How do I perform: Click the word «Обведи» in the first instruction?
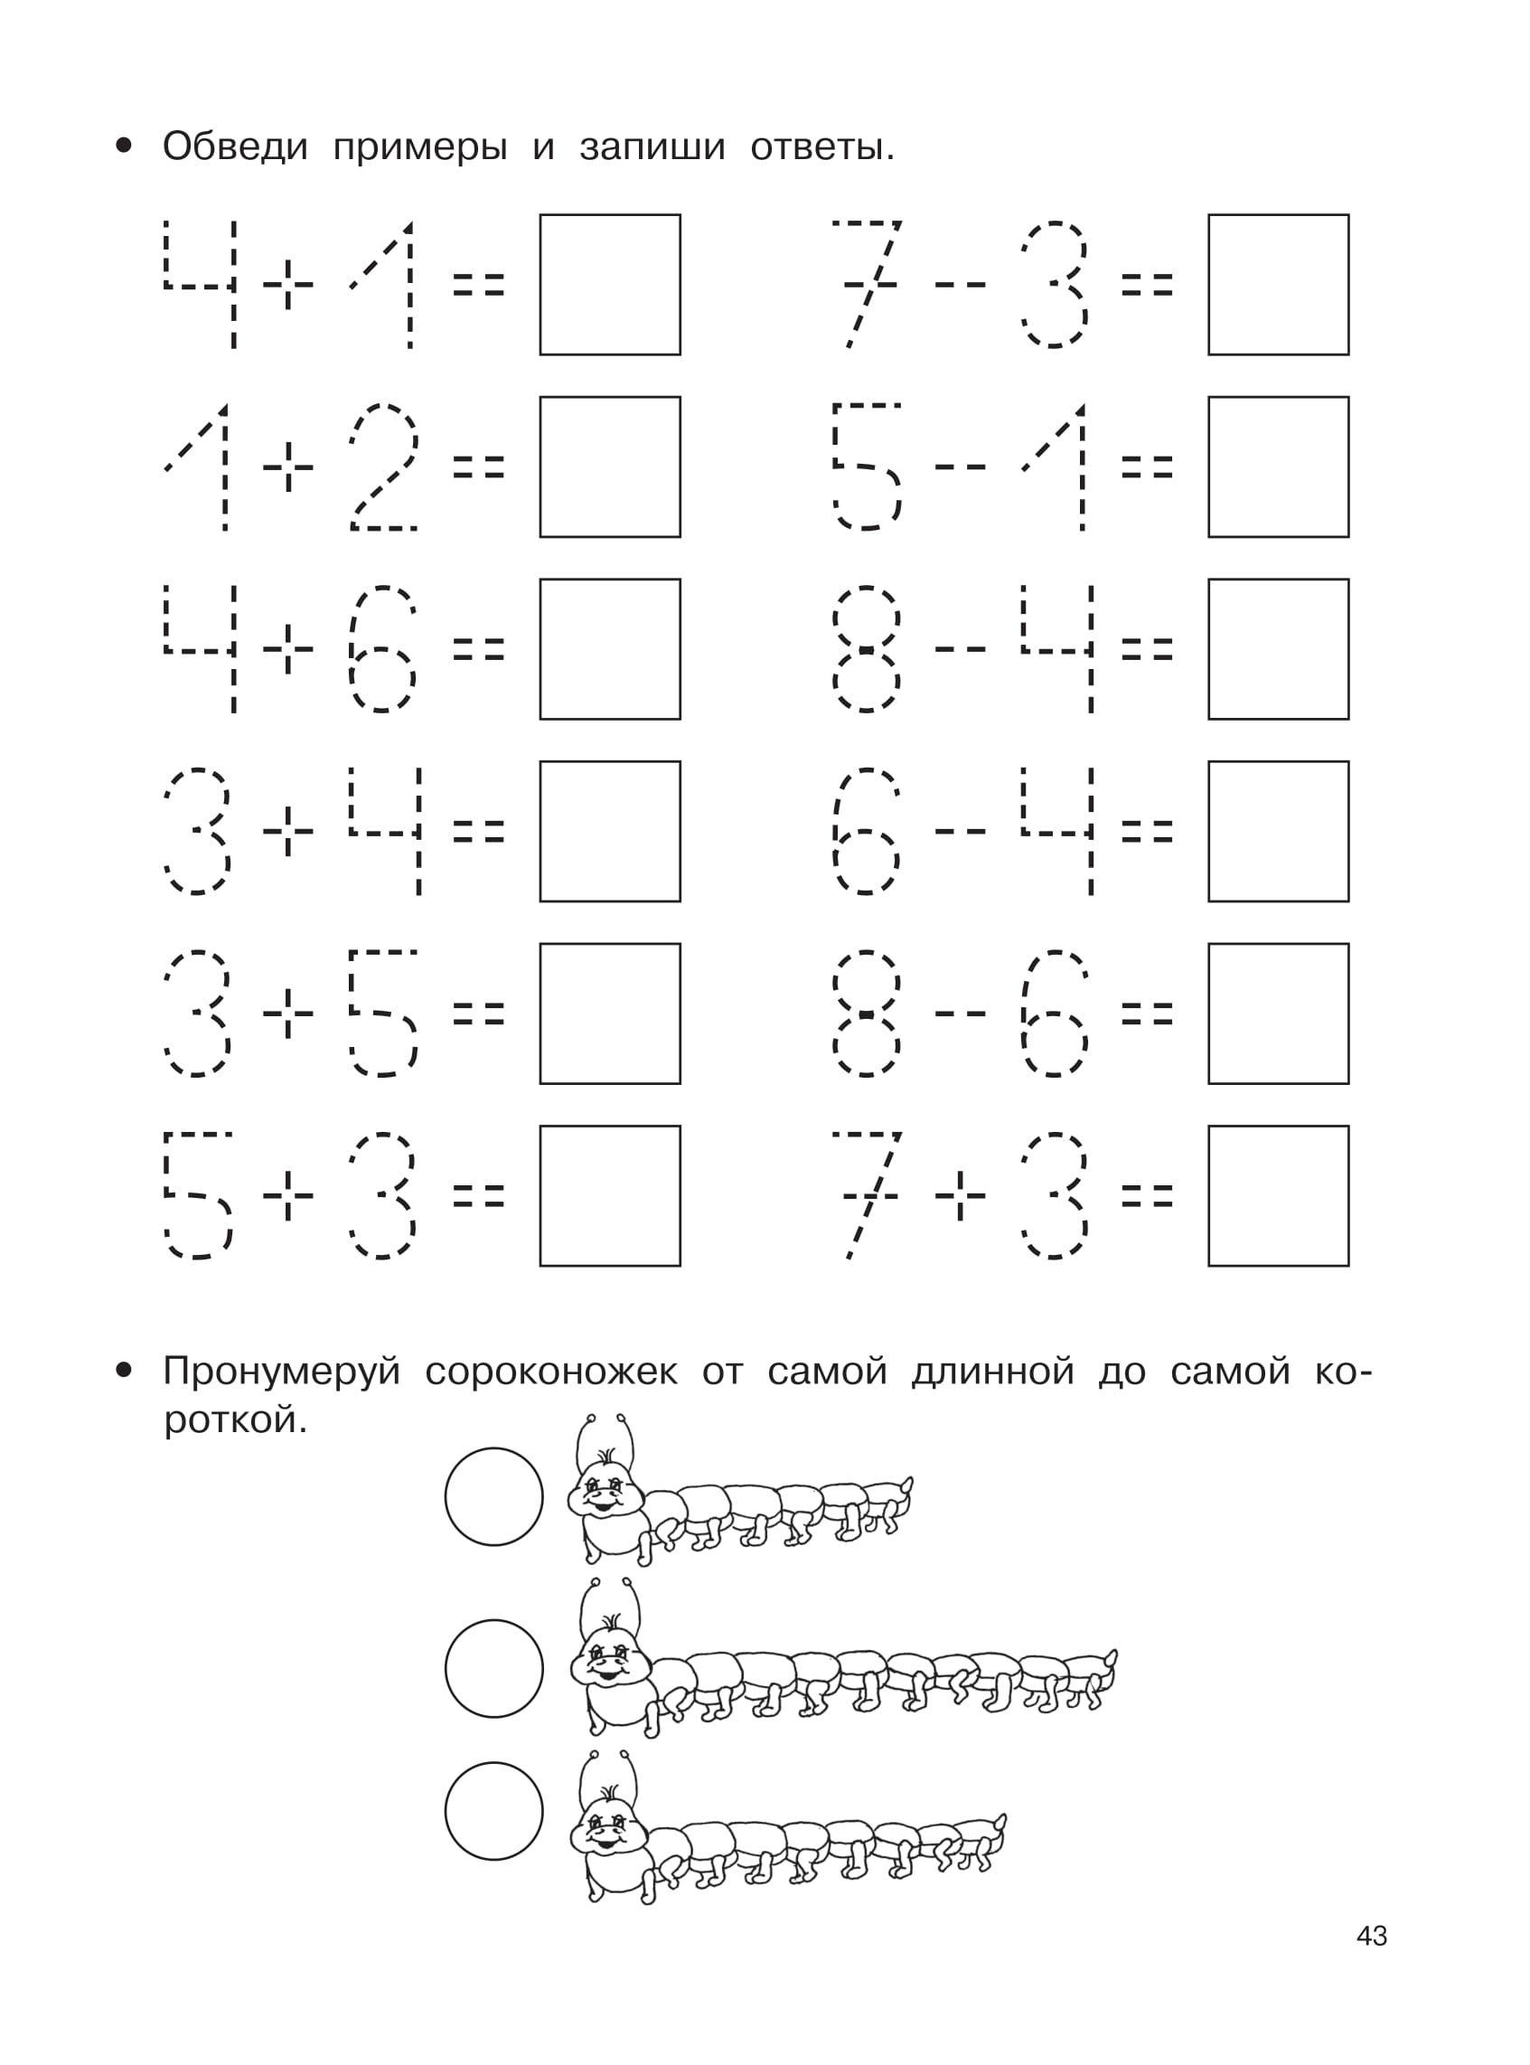pyautogui.click(x=234, y=146)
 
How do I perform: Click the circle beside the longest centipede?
pyautogui.click(x=493, y=1668)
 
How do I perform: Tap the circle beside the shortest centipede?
pyautogui.click(x=493, y=1497)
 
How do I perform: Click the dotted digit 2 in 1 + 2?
pyautogui.click(x=383, y=467)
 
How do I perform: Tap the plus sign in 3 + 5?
pyautogui.click(x=288, y=1014)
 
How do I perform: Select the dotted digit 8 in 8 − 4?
pyautogui.click(x=866, y=648)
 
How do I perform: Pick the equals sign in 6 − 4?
pyautogui.click(x=1147, y=831)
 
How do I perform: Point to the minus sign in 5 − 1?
pyautogui.click(x=961, y=467)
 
